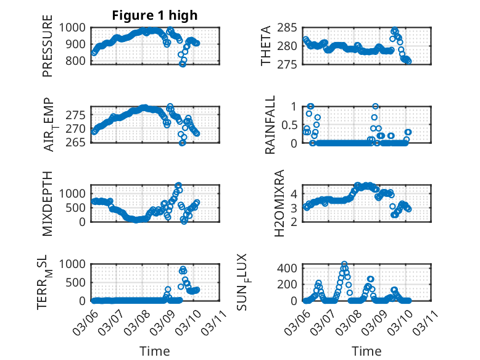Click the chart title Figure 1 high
155,15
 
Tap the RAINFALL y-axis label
271,125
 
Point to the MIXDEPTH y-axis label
48,203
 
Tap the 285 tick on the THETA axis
291,28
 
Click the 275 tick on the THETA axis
291,64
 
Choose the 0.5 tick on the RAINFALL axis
289,125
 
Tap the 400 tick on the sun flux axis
291,268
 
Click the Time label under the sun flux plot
366,351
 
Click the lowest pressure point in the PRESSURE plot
183,64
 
